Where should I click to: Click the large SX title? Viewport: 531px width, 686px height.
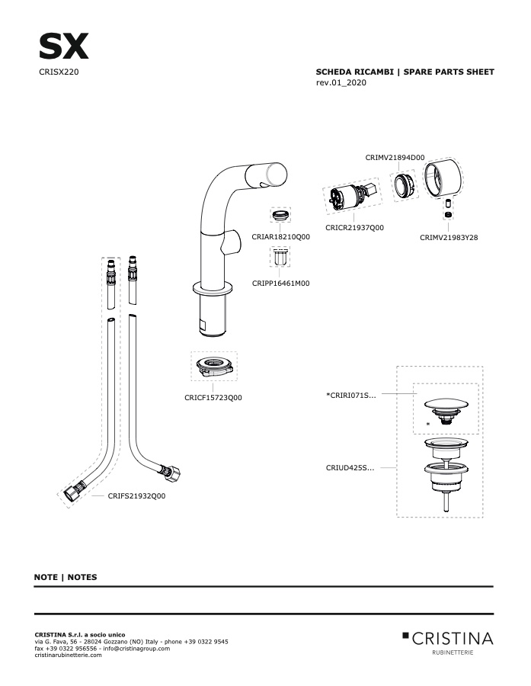[64, 46]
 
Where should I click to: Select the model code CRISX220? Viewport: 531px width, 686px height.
[59, 72]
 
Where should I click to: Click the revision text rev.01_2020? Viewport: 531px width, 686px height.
[341, 82]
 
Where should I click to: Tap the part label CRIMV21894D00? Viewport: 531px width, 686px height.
[395, 158]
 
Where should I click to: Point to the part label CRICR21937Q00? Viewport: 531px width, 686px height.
[355, 227]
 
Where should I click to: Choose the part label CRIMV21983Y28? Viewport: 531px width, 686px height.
[449, 238]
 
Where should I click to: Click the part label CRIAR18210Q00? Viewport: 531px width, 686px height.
[281, 237]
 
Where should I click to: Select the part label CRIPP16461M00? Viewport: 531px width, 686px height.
[281, 283]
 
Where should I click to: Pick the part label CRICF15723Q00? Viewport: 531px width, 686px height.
[213, 398]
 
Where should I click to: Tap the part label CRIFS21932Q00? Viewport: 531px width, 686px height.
[137, 495]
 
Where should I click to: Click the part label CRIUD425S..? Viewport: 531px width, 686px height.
[350, 468]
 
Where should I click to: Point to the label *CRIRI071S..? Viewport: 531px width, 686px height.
[350, 395]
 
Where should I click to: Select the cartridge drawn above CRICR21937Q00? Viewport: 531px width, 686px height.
[352, 197]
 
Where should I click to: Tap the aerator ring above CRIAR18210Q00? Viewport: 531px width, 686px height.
[280, 215]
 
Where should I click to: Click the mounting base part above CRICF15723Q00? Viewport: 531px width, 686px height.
[214, 366]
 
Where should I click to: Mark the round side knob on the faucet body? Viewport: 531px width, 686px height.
[232, 242]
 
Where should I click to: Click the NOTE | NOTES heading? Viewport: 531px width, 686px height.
[66, 577]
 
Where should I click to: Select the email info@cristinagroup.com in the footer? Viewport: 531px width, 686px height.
[136, 649]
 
